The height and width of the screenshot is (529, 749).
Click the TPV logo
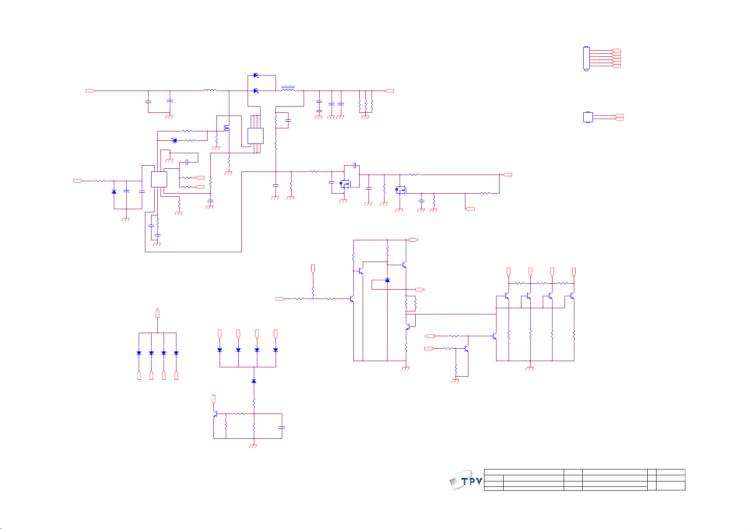pos(466,481)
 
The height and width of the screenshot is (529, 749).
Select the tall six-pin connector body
pos(586,59)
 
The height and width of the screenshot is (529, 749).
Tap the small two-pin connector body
pos(588,117)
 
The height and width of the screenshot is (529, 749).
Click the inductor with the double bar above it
pos(288,88)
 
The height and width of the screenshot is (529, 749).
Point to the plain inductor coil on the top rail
pos(210,90)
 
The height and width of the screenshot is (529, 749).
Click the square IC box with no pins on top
pos(159,179)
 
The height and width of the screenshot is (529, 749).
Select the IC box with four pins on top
pos(256,135)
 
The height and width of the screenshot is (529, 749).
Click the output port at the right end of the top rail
pos(389,91)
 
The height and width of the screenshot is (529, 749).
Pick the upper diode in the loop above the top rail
pos(256,76)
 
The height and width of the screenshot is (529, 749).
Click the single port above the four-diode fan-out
pos(157,313)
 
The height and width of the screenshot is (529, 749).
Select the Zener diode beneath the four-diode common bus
pos(254,381)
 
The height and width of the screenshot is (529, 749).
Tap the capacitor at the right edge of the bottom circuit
pos(282,427)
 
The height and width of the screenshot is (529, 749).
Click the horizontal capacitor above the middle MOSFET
pos(355,165)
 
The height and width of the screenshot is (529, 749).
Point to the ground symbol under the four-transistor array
pos(530,368)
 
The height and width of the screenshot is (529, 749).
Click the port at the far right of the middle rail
pos(507,175)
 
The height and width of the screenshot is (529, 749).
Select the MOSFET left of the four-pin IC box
pos(227,128)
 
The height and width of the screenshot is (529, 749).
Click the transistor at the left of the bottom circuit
pos(216,414)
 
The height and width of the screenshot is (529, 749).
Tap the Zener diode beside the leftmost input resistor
pos(114,192)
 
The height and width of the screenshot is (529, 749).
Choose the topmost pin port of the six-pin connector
pos(616,51)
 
